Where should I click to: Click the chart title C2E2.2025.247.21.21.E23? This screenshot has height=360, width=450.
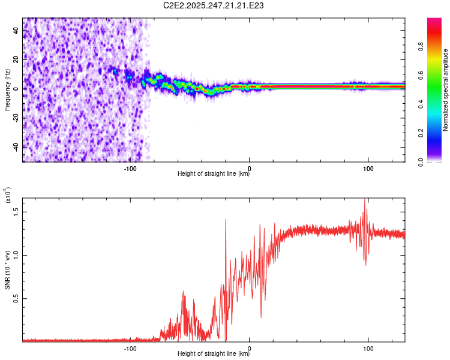214,5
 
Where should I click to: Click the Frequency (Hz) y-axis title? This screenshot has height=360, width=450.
8,89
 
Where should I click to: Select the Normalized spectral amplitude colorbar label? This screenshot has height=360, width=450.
446,89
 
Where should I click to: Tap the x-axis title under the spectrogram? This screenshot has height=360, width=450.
214,174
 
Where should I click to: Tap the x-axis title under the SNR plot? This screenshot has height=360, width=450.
214,354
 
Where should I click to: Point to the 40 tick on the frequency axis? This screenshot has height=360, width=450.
17,31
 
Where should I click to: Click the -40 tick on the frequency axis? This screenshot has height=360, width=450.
17,146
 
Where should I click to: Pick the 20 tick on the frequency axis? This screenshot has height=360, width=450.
17,59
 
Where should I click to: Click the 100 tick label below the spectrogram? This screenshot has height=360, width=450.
368,167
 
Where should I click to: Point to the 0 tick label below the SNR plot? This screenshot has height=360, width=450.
250,348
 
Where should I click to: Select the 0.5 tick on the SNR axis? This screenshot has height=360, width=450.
17,298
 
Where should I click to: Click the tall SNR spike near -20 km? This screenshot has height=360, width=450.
226,220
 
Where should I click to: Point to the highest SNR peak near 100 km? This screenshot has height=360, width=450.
365,200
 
